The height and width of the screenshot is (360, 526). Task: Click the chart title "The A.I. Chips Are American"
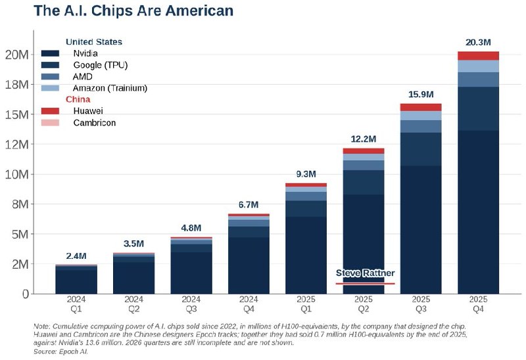[133, 11]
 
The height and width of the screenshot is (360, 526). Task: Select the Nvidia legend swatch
[50, 53]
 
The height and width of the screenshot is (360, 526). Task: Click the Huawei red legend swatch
[50, 111]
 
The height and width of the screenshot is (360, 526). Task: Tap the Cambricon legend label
[95, 123]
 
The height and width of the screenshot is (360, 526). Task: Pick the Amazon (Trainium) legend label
[110, 88]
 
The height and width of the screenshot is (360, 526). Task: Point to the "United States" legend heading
[94, 42]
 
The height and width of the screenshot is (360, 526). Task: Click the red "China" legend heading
[78, 99]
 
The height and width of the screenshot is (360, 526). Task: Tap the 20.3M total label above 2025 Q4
[478, 43]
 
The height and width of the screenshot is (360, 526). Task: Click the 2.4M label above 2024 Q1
[76, 256]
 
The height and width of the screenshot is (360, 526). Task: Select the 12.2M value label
[364, 139]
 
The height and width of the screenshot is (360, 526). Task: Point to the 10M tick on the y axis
[17, 174]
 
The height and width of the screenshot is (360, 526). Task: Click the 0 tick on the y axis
[26, 294]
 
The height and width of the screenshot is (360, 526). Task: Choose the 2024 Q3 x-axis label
[191, 304]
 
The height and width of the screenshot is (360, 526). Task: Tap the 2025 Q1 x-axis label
[306, 304]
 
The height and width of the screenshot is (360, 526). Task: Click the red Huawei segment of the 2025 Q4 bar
[478, 56]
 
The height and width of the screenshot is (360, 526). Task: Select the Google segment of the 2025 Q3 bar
[421, 149]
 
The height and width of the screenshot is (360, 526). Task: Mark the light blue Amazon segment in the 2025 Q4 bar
[478, 66]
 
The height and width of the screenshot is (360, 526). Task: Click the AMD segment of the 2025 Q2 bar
[364, 166]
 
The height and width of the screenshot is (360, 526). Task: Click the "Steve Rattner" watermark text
[366, 273]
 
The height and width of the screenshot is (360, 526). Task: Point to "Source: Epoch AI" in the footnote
[60, 351]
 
